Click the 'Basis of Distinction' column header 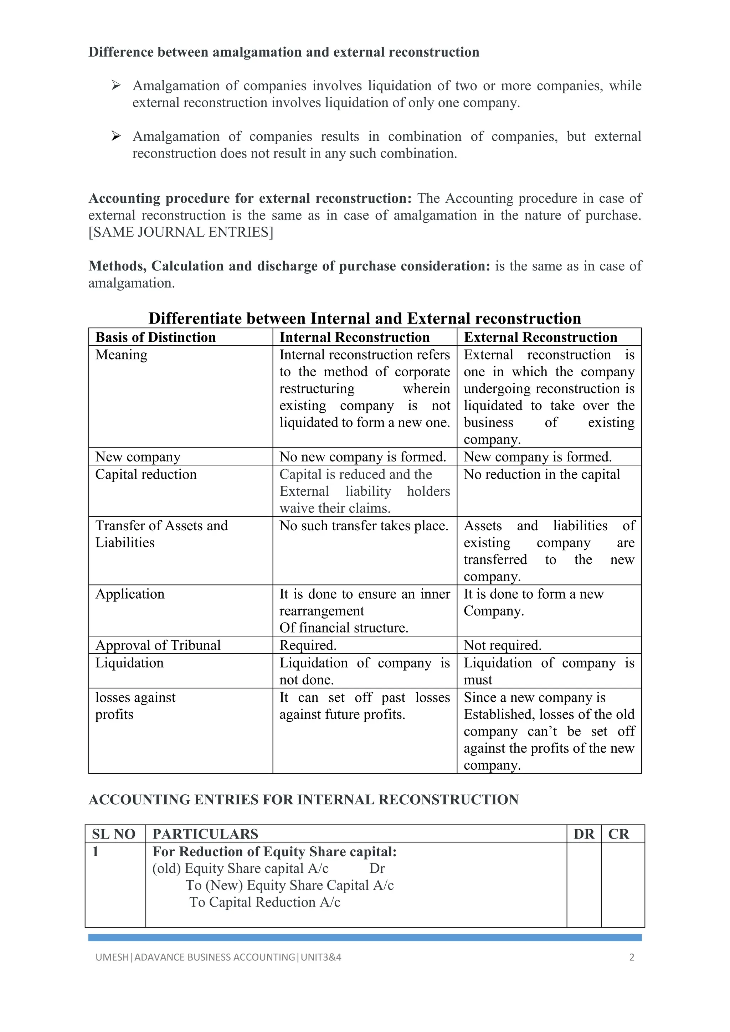pyautogui.click(x=155, y=337)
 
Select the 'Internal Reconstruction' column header pyautogui.click(x=354, y=337)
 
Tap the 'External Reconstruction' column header pyautogui.click(x=540, y=337)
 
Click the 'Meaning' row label pyautogui.click(x=121, y=355)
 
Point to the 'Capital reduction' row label pyautogui.click(x=146, y=474)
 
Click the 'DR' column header pyautogui.click(x=584, y=834)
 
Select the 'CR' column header pyautogui.click(x=618, y=834)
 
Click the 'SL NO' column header pyautogui.click(x=114, y=834)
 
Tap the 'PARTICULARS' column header pyautogui.click(x=205, y=834)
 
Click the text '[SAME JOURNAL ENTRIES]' pyautogui.click(x=181, y=232)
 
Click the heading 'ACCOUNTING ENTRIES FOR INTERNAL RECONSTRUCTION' pyautogui.click(x=303, y=800)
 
